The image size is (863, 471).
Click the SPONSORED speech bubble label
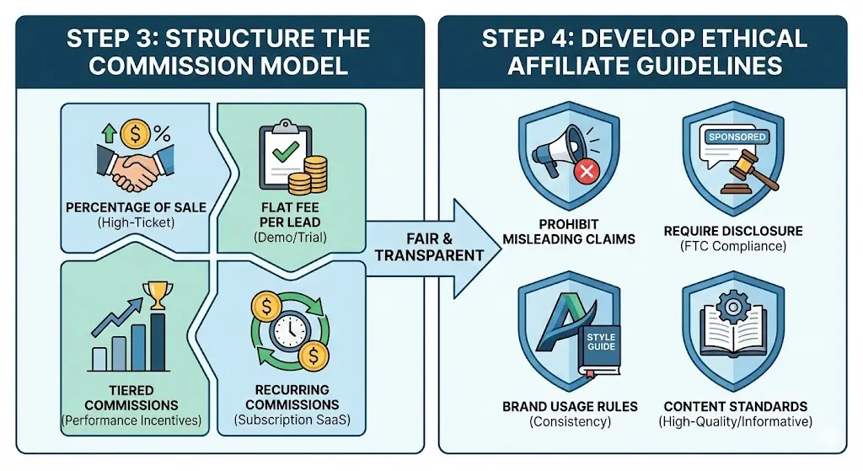point(737,136)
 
